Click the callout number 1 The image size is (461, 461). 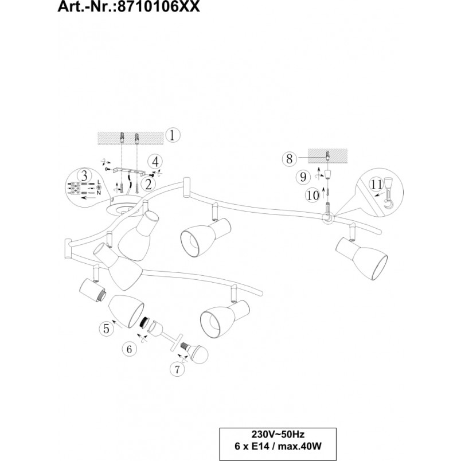(x=173, y=135)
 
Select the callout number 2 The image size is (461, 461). (x=149, y=184)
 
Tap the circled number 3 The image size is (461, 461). (x=84, y=176)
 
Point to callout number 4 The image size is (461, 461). (x=155, y=162)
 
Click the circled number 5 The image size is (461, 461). (x=107, y=328)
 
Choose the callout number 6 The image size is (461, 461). (x=130, y=349)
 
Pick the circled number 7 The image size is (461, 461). (x=177, y=369)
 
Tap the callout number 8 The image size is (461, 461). (x=290, y=159)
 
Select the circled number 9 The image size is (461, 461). (x=303, y=177)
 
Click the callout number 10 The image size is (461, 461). (x=313, y=195)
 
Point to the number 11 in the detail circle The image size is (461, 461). (x=377, y=185)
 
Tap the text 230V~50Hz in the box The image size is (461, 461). (x=278, y=434)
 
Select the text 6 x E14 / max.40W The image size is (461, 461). (x=278, y=446)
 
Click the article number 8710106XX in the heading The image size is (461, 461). (x=159, y=6)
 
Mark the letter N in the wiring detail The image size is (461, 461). (x=99, y=193)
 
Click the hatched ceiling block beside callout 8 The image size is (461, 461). (x=327, y=156)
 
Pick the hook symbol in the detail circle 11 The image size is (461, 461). (x=389, y=204)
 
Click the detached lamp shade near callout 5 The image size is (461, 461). (x=127, y=311)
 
